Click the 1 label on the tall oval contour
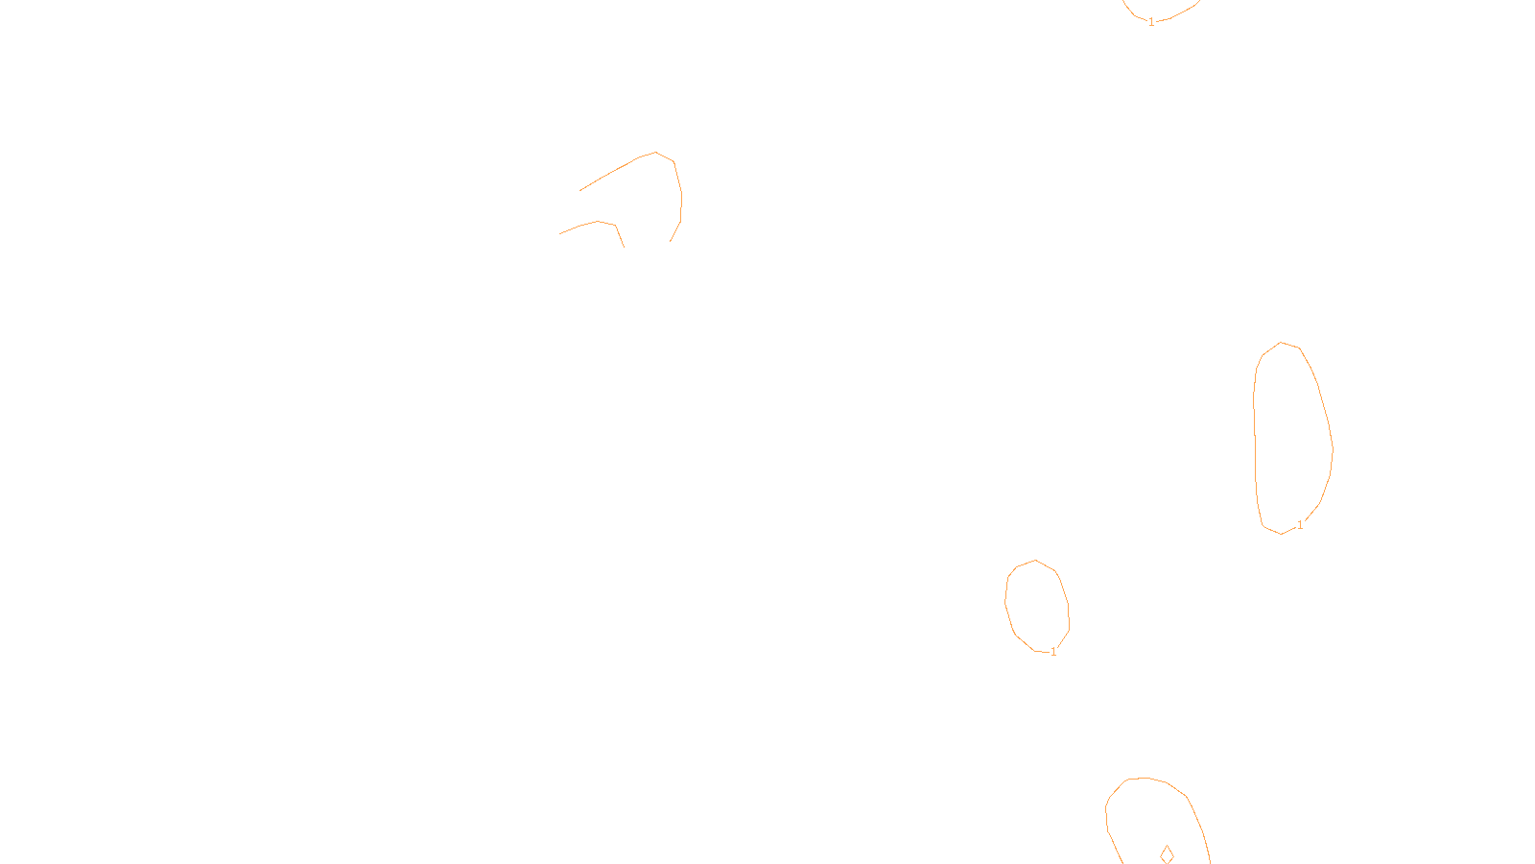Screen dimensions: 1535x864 tap(1300, 525)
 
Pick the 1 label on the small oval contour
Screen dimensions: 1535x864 tap(1053, 652)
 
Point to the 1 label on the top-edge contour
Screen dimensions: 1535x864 tap(1151, 22)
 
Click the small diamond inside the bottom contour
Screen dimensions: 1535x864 tap(1167, 853)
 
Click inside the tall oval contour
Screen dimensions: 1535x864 tap(1291, 437)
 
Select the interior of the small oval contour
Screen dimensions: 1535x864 tap(1037, 606)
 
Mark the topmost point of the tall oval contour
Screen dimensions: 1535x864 tap(1282, 343)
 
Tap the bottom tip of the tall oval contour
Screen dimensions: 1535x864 tap(1281, 534)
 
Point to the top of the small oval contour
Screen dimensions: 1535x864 tap(1035, 561)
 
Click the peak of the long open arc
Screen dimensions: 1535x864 tap(655, 152)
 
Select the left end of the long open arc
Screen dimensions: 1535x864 tap(579, 191)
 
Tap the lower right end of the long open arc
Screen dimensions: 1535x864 tap(670, 241)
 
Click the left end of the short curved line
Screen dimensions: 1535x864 tap(559, 233)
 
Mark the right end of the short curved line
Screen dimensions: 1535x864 tap(624, 247)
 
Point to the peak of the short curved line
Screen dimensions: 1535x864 tap(599, 221)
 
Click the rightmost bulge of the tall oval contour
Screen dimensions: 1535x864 tap(1333, 448)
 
